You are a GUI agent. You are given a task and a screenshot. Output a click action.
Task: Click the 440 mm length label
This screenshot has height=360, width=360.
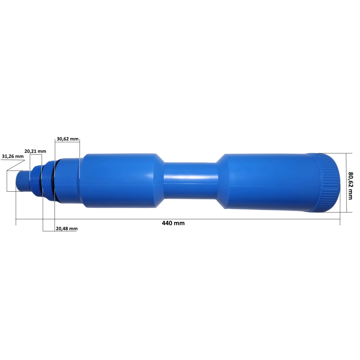click(173, 223)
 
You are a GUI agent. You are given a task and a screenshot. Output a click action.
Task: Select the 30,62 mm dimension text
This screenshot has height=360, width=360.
click(67, 139)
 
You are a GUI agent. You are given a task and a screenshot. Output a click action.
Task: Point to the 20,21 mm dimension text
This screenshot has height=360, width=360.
click(35, 151)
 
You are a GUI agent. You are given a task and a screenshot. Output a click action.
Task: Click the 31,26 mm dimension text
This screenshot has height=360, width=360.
click(13, 156)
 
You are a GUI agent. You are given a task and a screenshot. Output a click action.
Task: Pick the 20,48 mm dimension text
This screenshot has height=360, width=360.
click(67, 229)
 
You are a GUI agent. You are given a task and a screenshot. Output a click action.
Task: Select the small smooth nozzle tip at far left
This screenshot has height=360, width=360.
click(22, 181)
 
